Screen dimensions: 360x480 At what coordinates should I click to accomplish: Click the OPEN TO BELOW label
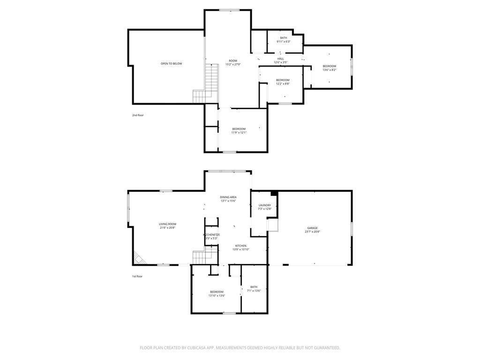171,64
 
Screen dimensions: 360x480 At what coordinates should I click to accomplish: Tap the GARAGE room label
312,228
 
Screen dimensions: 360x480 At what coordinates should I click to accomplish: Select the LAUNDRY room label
264,205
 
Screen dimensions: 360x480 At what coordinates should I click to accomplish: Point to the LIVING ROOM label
167,224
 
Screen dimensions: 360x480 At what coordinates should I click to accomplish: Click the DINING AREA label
228,197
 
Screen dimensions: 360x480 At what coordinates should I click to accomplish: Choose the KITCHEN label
240,246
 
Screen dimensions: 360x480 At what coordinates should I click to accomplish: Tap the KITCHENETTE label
211,234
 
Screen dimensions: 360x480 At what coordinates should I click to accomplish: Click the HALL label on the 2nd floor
280,59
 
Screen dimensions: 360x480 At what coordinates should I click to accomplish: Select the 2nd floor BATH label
284,38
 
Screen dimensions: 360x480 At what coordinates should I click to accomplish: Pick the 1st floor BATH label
254,287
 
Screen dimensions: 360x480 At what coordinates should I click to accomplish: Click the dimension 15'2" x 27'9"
233,64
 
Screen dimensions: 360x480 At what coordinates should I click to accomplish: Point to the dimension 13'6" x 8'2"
329,70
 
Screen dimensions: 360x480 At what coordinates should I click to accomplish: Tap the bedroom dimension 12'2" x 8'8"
283,84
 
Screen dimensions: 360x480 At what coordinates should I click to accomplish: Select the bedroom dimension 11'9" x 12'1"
239,133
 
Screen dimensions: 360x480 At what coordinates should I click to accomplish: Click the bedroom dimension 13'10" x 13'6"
217,296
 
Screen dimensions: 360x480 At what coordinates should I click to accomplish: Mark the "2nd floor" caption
137,115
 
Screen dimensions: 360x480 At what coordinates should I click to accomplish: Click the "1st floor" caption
137,277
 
